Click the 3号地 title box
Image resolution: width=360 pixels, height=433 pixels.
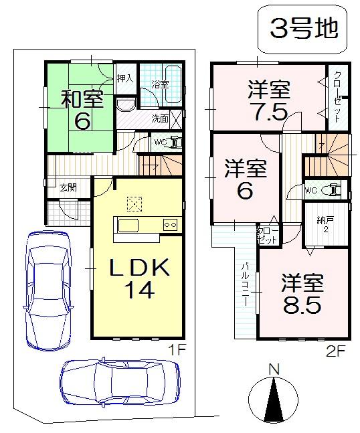[x=303, y=29]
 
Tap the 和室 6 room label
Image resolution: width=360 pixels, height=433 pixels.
[x=82, y=109]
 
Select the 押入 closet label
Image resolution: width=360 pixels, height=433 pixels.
[x=125, y=78]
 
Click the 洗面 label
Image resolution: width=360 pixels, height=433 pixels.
[x=159, y=118]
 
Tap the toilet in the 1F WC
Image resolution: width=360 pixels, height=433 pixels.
[x=173, y=142]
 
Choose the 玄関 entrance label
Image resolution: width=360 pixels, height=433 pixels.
[x=67, y=187]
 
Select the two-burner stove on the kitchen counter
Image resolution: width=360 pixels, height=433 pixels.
[x=170, y=225]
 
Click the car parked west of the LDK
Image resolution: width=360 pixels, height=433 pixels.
[x=47, y=288]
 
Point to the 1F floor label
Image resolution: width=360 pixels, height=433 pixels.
[x=176, y=349]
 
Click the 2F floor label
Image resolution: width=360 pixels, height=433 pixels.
[x=335, y=349]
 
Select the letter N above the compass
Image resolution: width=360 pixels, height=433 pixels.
[x=273, y=368]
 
